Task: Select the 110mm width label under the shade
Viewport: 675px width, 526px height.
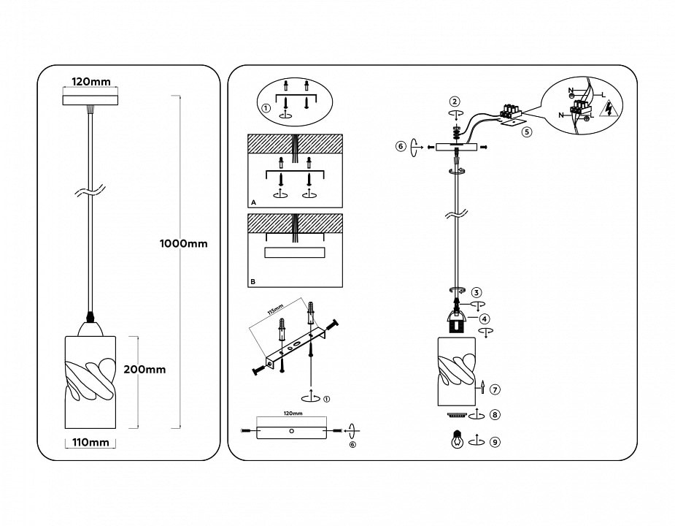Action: tap(90, 442)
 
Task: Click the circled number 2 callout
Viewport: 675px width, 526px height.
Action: tap(455, 102)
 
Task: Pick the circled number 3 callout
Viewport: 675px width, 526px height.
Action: tap(476, 292)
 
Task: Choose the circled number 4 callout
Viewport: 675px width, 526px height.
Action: tap(485, 318)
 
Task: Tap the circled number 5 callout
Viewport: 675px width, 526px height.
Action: tap(527, 131)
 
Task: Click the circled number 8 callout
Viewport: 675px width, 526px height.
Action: tap(495, 415)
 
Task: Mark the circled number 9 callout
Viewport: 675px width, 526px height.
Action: tap(495, 441)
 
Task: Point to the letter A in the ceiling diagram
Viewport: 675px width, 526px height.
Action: tap(252, 201)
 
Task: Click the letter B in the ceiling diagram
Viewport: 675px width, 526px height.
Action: tap(252, 281)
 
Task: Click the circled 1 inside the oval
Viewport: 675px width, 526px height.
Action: tap(266, 108)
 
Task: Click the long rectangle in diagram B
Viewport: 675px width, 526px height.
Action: tap(295, 252)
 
